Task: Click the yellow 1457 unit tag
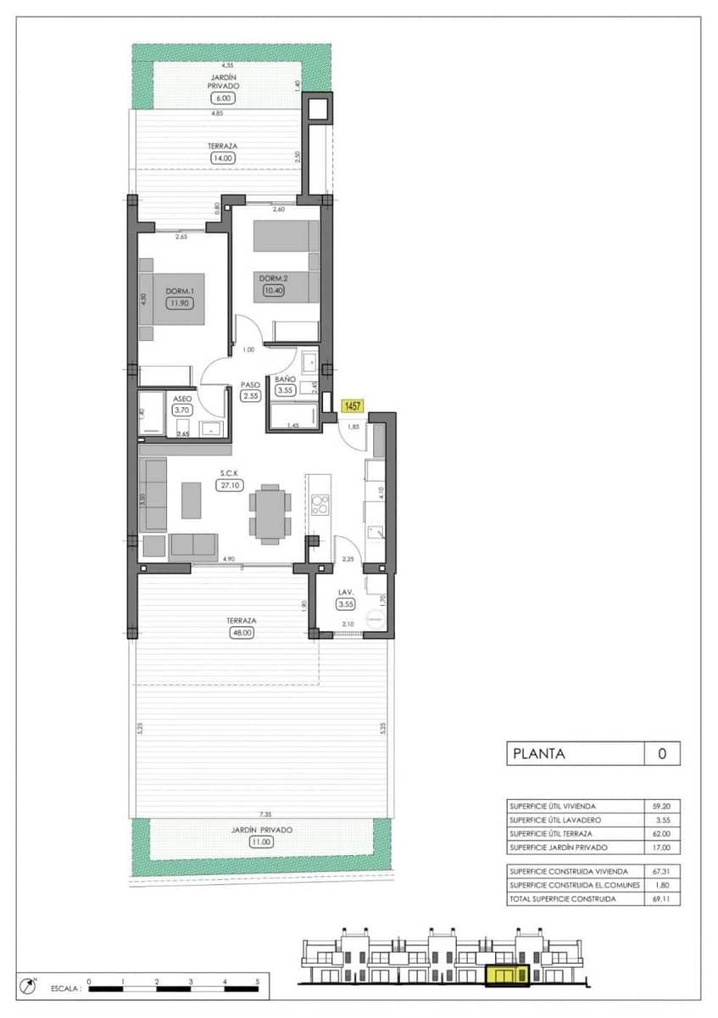point(352,407)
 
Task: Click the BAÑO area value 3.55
point(285,391)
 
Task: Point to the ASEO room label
point(182,398)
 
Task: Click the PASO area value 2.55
point(249,395)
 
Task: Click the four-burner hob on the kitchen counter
point(321,506)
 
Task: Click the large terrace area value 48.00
point(242,632)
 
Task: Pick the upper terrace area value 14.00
point(223,158)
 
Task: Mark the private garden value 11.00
point(260,842)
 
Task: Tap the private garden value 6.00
point(224,98)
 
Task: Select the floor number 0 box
point(662,753)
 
